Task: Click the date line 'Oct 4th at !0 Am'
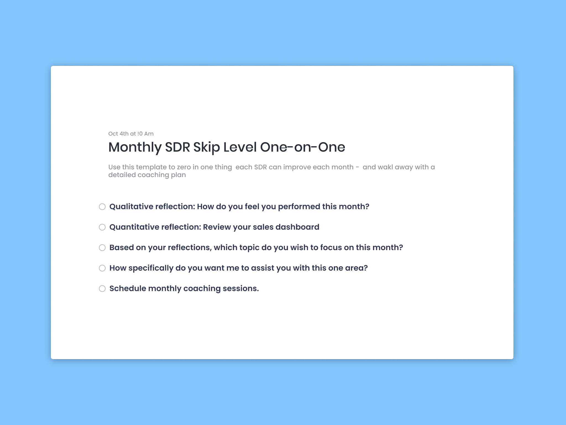click(x=131, y=134)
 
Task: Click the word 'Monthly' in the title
click(x=135, y=147)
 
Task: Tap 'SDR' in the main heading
click(x=177, y=147)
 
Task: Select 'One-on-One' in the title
click(x=302, y=147)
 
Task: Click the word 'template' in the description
click(x=151, y=167)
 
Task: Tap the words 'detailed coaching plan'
click(x=147, y=175)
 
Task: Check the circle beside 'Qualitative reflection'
click(x=102, y=207)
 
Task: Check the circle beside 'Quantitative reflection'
click(x=102, y=227)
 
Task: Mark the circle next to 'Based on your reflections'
click(x=102, y=248)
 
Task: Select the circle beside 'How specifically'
click(x=102, y=268)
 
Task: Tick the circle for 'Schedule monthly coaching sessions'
click(x=102, y=289)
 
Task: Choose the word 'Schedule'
click(x=128, y=289)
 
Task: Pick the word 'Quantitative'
click(x=134, y=227)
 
